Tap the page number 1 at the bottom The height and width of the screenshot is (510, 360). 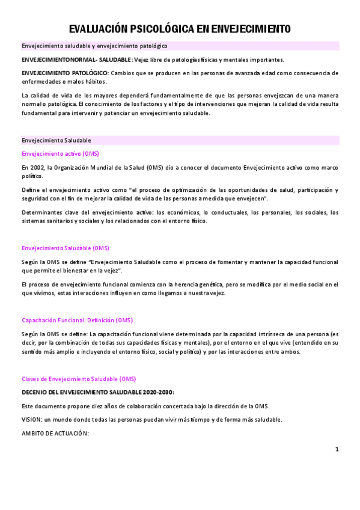point(337,449)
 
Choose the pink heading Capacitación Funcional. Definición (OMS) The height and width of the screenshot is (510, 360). point(77,320)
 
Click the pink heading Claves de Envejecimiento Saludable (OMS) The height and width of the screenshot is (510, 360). point(79,379)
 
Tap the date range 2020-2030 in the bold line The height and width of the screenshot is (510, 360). point(154,392)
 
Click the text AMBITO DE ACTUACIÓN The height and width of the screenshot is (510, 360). point(55,434)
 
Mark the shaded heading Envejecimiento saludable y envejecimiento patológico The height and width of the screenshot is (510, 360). point(94,46)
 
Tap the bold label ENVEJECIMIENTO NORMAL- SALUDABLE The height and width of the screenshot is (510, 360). point(76,60)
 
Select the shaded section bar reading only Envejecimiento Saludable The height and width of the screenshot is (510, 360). point(56,140)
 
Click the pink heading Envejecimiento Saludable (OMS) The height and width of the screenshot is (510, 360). point(66,248)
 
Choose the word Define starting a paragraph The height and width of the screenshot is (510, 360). point(31,190)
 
